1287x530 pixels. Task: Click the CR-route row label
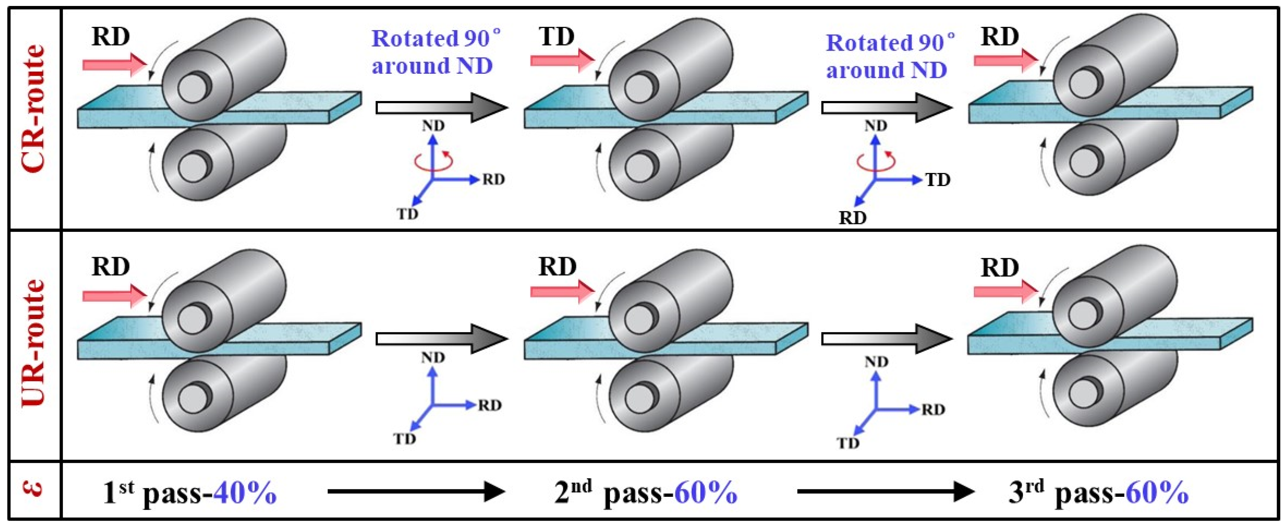pyautogui.click(x=34, y=108)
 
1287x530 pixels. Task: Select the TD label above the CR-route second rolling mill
pyautogui.click(x=557, y=37)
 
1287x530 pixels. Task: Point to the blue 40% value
pyautogui.click(x=244, y=493)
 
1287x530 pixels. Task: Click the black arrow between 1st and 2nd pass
pyautogui.click(x=416, y=492)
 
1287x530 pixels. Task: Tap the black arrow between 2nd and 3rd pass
pyautogui.click(x=885, y=492)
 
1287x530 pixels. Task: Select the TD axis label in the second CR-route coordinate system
pyautogui.click(x=938, y=180)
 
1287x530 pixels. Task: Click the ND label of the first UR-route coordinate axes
pyautogui.click(x=433, y=357)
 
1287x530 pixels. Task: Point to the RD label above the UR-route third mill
pyautogui.click(x=999, y=268)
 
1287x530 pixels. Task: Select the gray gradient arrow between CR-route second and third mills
pyautogui.click(x=886, y=107)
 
